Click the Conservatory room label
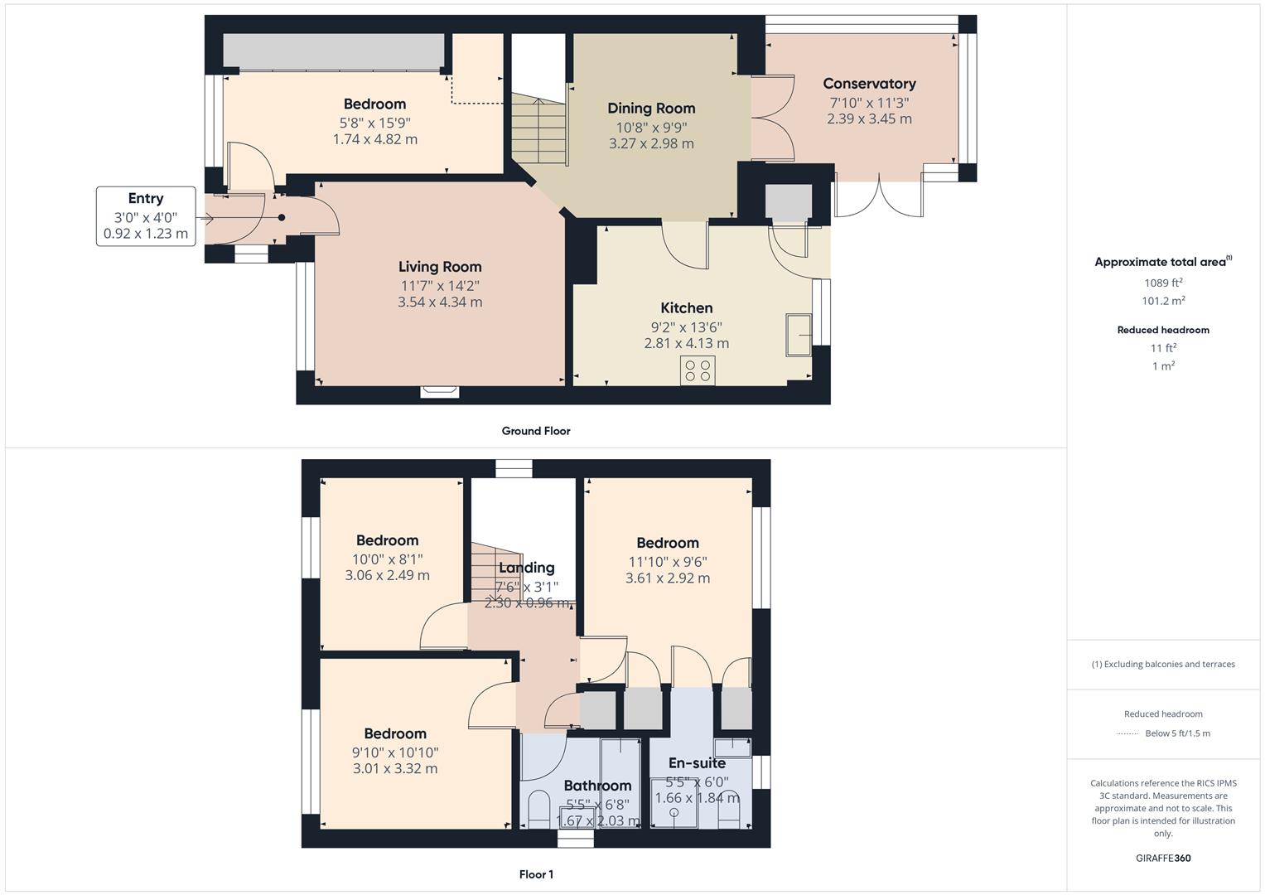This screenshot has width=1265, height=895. pyautogui.click(x=869, y=84)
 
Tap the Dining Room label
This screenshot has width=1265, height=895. pyautogui.click(x=651, y=109)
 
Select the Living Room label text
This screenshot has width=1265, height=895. pyautogui.click(x=440, y=267)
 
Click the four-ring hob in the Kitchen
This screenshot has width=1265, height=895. pyautogui.click(x=698, y=370)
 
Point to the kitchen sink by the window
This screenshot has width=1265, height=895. pyautogui.click(x=799, y=334)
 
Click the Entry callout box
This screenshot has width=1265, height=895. pyautogui.click(x=146, y=216)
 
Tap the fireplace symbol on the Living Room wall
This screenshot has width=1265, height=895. pyautogui.click(x=439, y=391)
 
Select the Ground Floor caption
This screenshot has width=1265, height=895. pyautogui.click(x=536, y=431)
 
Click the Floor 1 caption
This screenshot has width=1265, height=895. pyautogui.click(x=536, y=874)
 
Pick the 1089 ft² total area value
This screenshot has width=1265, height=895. pyautogui.click(x=1163, y=283)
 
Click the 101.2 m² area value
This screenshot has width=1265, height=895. pyautogui.click(x=1163, y=302)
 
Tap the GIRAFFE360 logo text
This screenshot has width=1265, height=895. pyautogui.click(x=1163, y=858)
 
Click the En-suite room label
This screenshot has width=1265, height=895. pyautogui.click(x=697, y=763)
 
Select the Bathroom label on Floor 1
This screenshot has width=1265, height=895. pyautogui.click(x=597, y=786)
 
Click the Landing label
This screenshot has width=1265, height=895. pyautogui.click(x=527, y=568)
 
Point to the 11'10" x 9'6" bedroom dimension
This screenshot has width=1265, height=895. pyautogui.click(x=668, y=562)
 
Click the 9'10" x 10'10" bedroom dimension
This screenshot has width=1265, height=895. pyautogui.click(x=395, y=752)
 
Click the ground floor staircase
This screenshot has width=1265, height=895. pyautogui.click(x=539, y=128)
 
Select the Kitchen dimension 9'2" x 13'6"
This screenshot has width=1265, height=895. pyautogui.click(x=687, y=327)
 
